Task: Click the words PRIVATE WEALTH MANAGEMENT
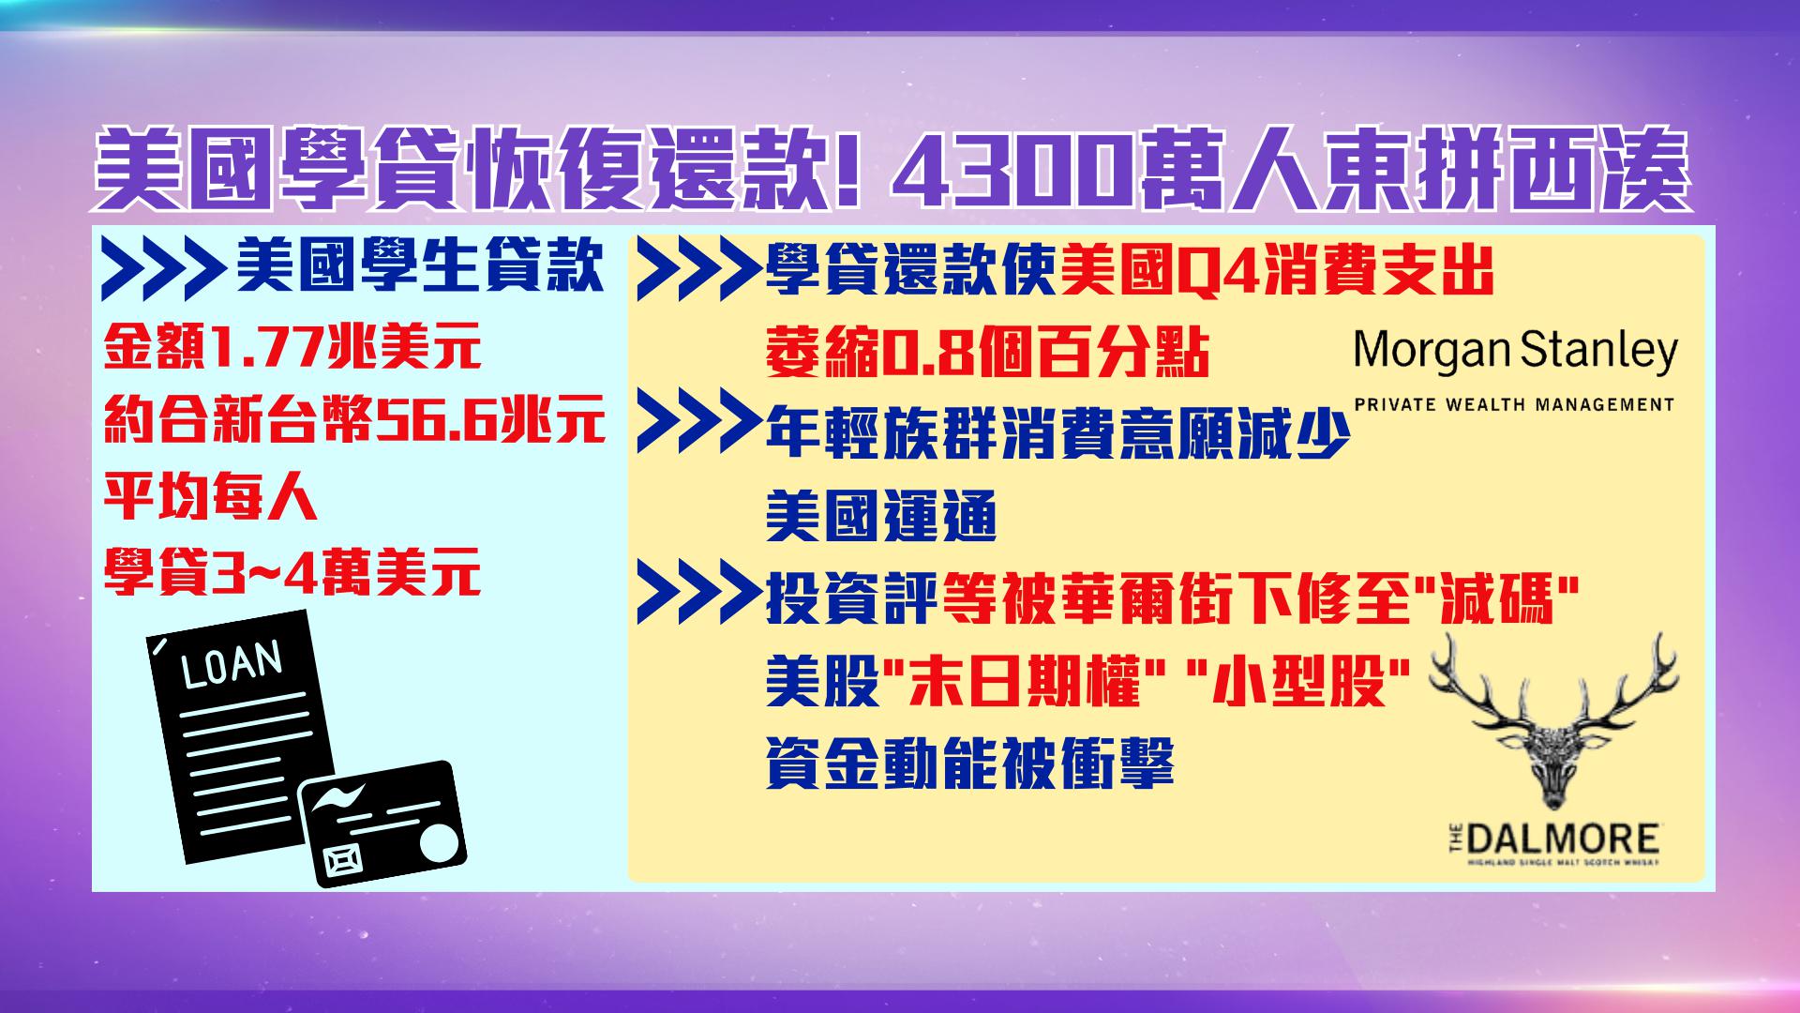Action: pos(1514,405)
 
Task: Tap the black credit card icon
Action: pos(382,824)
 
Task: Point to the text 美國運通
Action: pos(880,516)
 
